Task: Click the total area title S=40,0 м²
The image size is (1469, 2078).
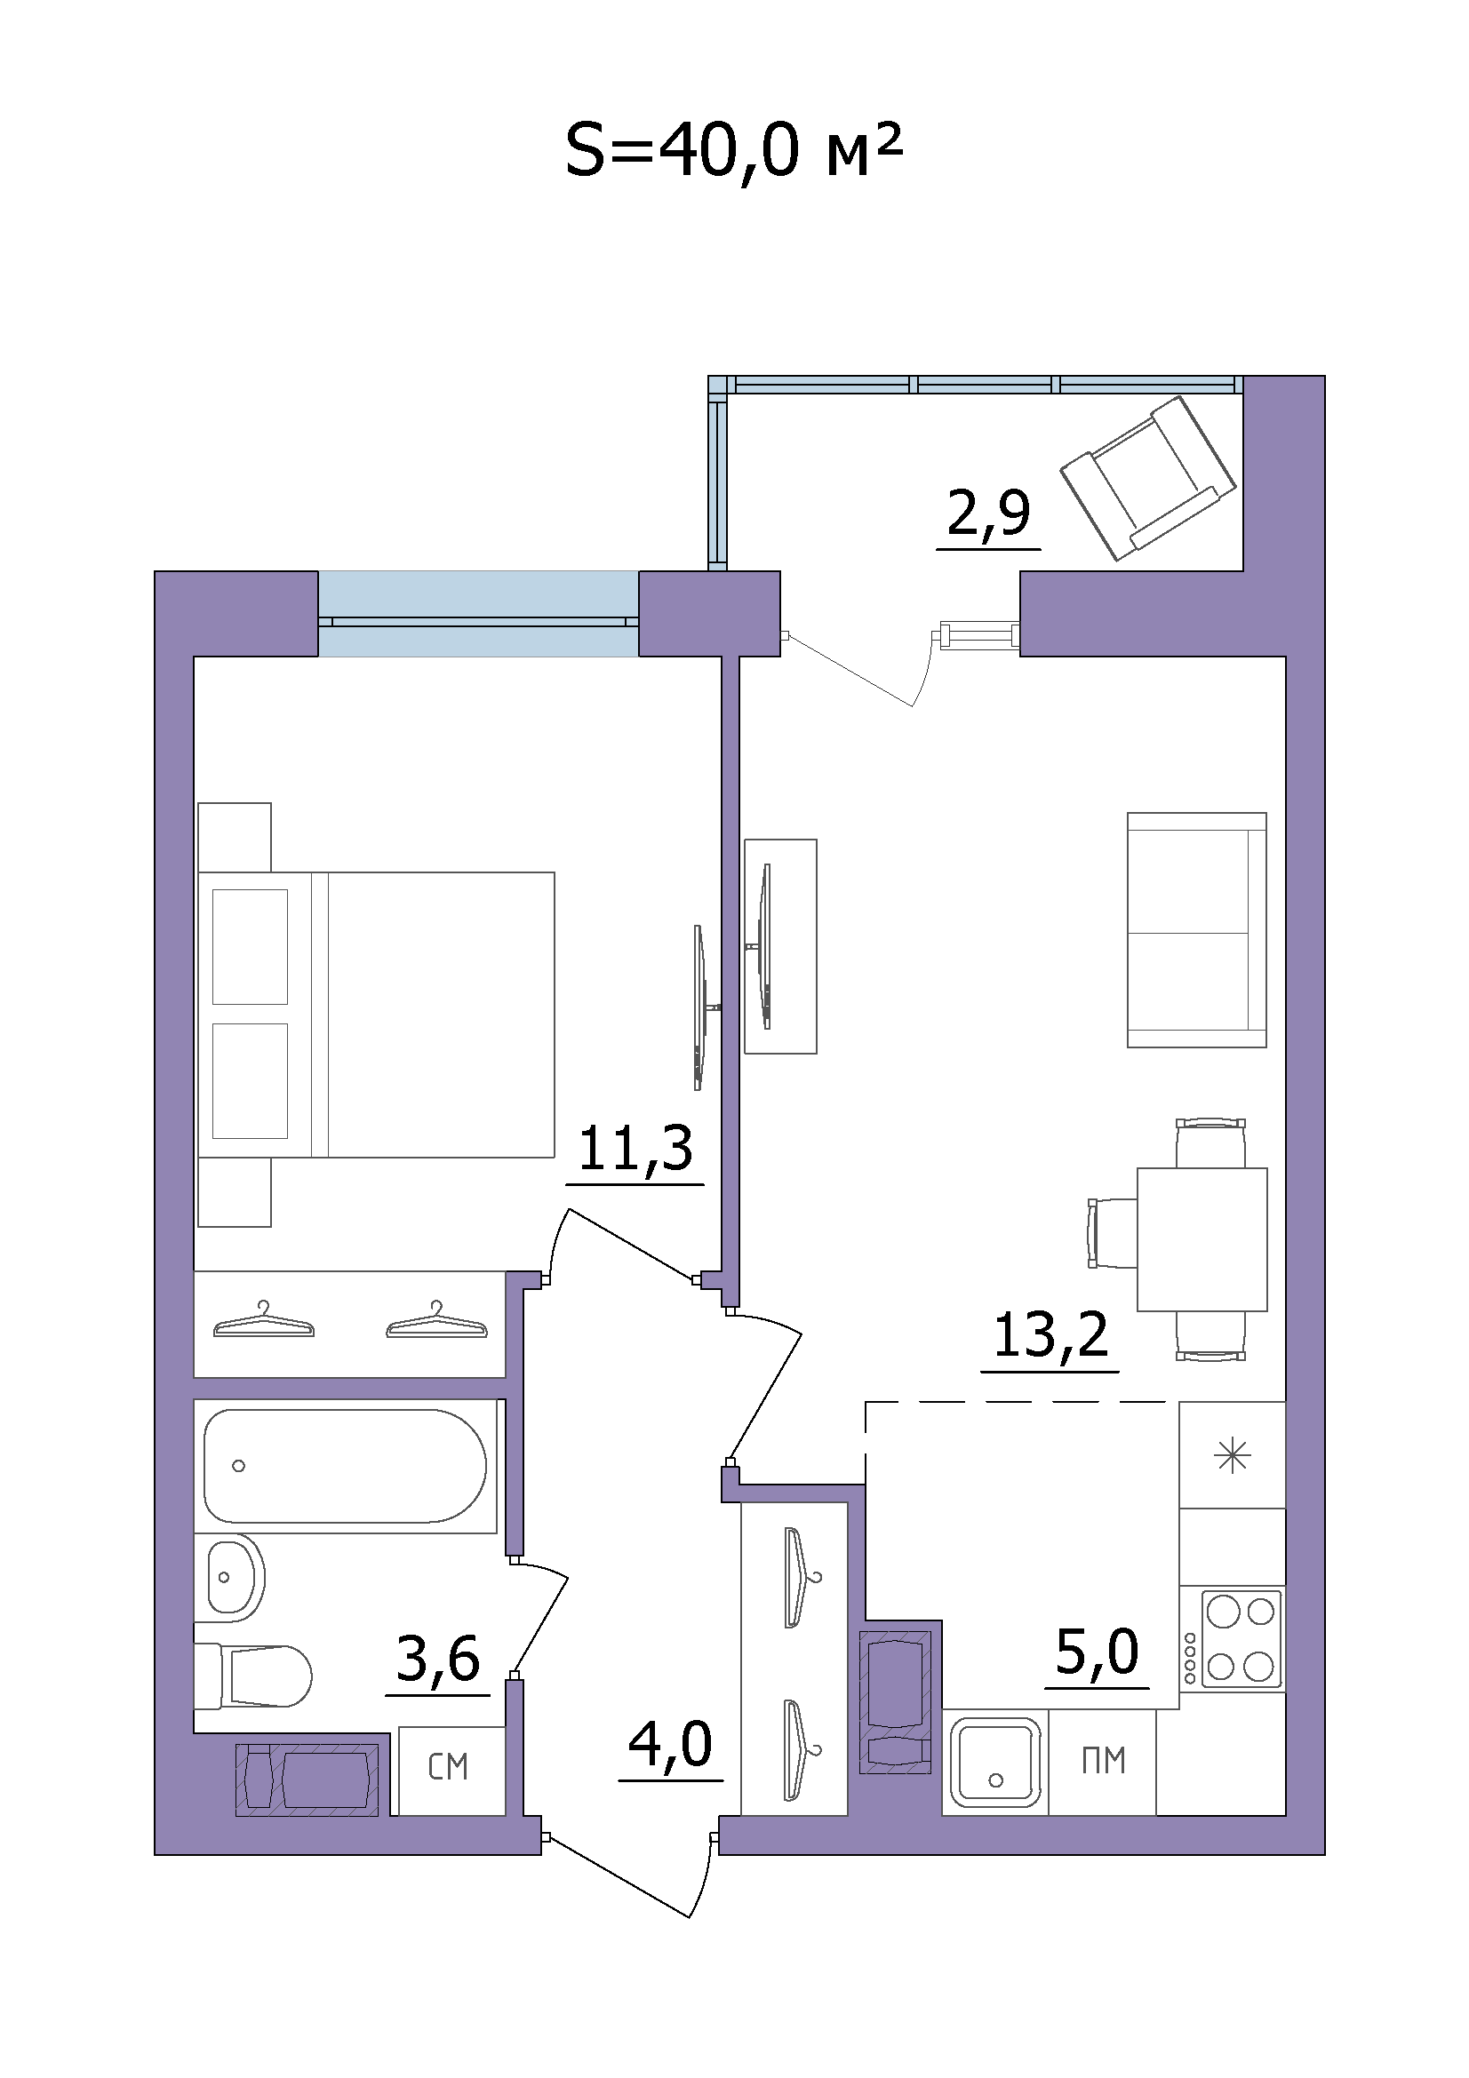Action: pyautogui.click(x=734, y=152)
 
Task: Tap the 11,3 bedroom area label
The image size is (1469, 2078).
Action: pyautogui.click(x=635, y=1150)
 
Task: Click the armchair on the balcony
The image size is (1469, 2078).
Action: pyautogui.click(x=1148, y=477)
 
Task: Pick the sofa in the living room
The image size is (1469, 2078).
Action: pyautogui.click(x=1196, y=929)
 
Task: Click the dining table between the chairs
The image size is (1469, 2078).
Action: pyautogui.click(x=1202, y=1239)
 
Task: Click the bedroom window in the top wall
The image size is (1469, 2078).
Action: pyautogui.click(x=478, y=613)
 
